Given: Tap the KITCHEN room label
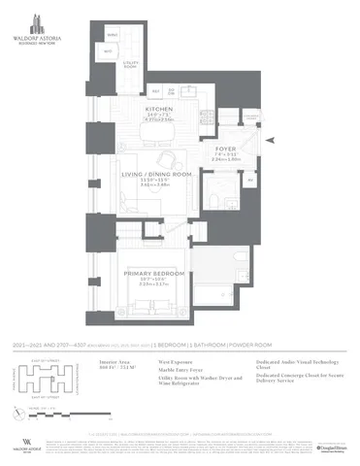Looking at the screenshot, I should click(x=159, y=110).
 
